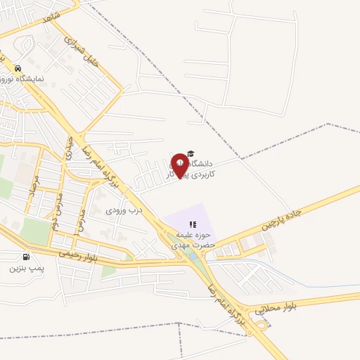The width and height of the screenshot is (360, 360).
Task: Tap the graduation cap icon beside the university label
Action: point(192,155)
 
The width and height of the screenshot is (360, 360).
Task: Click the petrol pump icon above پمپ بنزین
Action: point(27,257)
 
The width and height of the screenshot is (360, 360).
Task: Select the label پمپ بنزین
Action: point(27,268)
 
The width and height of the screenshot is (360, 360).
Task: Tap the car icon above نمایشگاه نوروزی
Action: point(18,68)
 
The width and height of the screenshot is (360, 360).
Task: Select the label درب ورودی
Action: point(124,210)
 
